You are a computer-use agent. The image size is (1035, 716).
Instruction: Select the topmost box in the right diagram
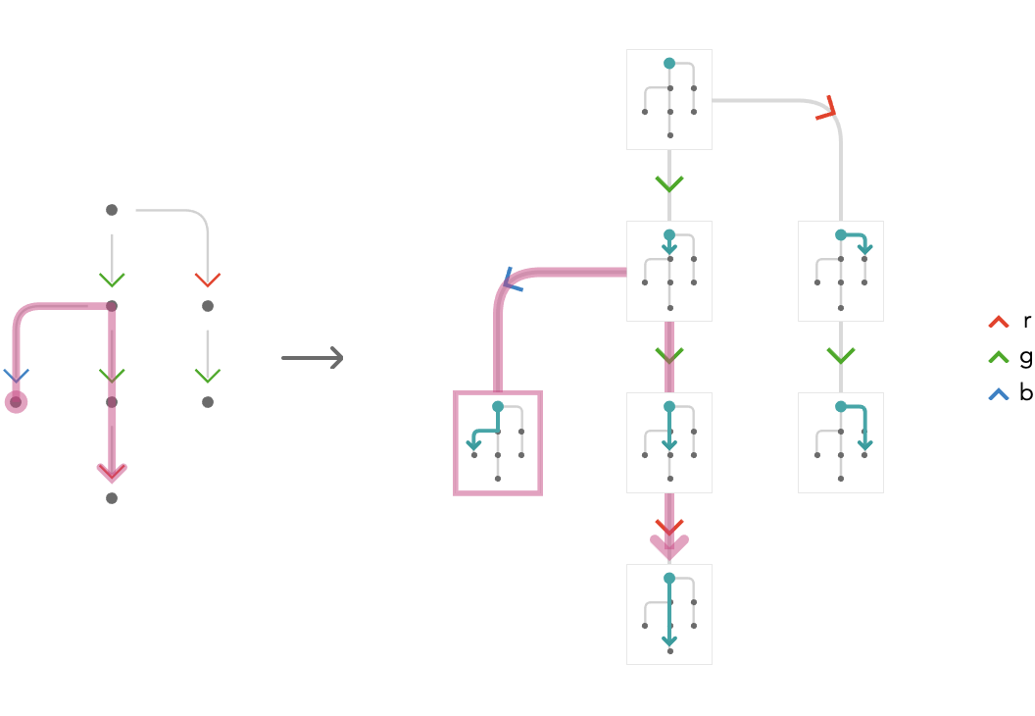point(668,99)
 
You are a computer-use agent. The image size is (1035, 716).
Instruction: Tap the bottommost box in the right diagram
point(668,614)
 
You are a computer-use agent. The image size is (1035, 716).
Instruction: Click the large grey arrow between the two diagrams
point(313,358)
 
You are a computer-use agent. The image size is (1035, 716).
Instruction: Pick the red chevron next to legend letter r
point(999,323)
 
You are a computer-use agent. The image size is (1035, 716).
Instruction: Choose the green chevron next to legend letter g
point(999,357)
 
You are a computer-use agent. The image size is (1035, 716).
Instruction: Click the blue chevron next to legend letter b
point(999,394)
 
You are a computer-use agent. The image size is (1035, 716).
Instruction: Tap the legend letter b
point(1026,392)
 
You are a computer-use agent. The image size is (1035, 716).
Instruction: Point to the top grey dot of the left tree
point(112,210)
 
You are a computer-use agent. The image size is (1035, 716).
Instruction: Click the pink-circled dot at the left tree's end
point(16,401)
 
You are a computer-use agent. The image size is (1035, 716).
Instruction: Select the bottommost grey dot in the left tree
point(112,498)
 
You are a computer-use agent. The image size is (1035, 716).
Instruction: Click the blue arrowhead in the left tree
point(16,376)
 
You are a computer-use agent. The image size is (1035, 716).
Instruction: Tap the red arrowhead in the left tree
point(207,281)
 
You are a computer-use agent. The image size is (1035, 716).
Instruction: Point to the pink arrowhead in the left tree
point(112,473)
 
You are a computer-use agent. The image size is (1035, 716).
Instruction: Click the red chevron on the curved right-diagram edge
point(828,109)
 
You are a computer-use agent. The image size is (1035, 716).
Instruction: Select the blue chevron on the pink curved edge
point(512,281)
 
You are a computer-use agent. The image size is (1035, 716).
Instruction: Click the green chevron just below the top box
point(668,183)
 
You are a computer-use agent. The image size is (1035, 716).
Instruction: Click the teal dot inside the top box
point(669,64)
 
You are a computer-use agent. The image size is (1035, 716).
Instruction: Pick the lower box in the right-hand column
point(840,442)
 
